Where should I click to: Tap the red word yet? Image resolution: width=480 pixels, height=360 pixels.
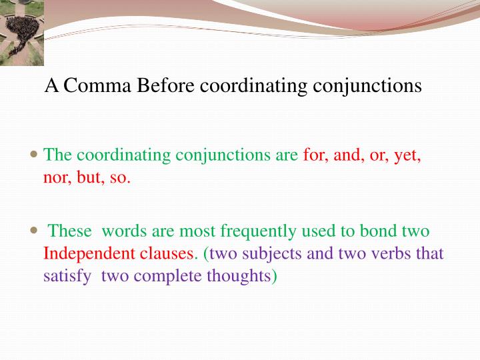pos(406,155)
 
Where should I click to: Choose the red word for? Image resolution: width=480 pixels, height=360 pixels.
pos(315,155)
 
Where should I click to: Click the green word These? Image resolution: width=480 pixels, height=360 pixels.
pos(70,231)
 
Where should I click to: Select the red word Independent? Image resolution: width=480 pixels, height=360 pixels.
pos(89,254)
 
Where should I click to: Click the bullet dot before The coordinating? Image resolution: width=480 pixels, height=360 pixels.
pos(35,153)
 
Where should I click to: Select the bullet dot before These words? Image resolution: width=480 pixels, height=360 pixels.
pos(35,229)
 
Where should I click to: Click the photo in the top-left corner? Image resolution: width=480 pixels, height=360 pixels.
pos(22,32)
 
